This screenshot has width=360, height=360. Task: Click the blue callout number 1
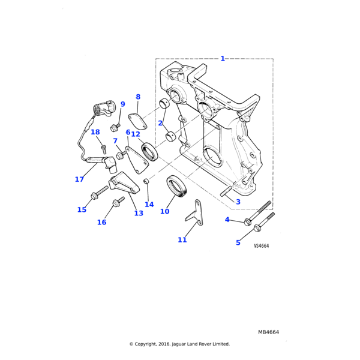pyautogui.click(x=223, y=59)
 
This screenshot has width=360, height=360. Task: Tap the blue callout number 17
pyautogui.click(x=79, y=179)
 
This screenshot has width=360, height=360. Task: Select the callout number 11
pyautogui.click(x=182, y=239)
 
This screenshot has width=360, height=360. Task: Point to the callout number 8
pyautogui.click(x=138, y=97)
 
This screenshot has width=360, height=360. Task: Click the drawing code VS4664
pyautogui.click(x=261, y=245)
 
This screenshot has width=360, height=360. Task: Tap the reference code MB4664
pyautogui.click(x=268, y=332)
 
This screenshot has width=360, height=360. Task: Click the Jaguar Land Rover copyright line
pyautogui.click(x=179, y=344)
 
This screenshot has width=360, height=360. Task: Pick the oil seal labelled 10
pyautogui.click(x=176, y=186)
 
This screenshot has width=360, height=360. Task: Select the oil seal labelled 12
pyautogui.click(x=150, y=152)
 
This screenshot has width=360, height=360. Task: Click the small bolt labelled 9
pyautogui.click(x=115, y=127)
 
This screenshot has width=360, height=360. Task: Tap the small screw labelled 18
pyautogui.click(x=104, y=149)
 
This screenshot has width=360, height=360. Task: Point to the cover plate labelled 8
pyautogui.click(x=138, y=121)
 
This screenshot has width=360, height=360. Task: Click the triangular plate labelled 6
pyautogui.click(x=136, y=160)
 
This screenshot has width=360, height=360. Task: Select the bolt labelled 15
pyautogui.click(x=99, y=193)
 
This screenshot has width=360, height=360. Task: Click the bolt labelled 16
pyautogui.click(x=118, y=201)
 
